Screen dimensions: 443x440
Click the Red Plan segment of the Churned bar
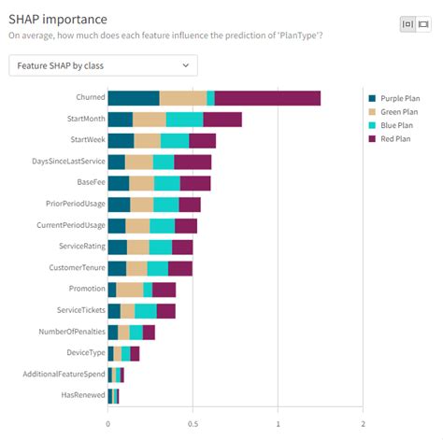pos(267,98)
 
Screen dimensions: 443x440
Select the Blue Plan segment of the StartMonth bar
pos(185,120)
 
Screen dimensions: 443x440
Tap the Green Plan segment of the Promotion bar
pos(130,290)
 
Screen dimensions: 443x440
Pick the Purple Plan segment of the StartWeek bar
pos(121,141)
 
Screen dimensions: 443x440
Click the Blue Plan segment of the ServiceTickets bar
pos(146,311)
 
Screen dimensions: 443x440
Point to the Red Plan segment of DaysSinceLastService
pos(193,163)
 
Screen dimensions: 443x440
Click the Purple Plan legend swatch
pos(372,98)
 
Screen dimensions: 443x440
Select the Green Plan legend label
pos(399,112)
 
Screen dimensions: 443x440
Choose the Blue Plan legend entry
pos(391,125)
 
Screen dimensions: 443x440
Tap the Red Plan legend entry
pos(390,139)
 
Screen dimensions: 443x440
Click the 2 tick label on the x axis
pos(363,424)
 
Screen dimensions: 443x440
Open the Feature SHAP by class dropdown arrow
pos(186,65)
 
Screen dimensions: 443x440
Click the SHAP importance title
pos(58,20)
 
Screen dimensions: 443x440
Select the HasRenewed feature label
pos(83,395)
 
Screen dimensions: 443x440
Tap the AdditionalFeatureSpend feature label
pos(64,374)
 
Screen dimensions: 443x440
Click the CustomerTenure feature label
pos(78,267)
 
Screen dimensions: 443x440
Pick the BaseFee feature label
pos(92,182)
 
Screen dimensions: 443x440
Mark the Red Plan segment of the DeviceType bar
pos(135,354)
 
